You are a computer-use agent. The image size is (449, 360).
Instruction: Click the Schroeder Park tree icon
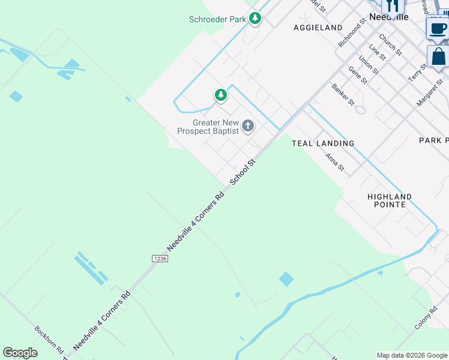coord(255,19)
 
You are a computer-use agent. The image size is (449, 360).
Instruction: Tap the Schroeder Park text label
coord(218,19)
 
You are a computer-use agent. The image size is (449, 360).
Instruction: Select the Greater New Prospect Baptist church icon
coord(247,127)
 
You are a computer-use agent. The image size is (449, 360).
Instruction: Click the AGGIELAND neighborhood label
coord(318,28)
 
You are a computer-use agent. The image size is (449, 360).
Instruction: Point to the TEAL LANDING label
coord(323,143)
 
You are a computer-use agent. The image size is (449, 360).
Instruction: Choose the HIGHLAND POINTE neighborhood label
coord(390,200)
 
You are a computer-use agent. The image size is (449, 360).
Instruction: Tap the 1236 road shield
coord(160,258)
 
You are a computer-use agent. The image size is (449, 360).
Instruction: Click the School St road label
coord(243,172)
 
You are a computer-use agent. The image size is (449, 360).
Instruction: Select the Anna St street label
coord(334,163)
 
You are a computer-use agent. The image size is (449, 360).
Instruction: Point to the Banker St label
coord(343,95)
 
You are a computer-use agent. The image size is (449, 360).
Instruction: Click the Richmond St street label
coord(352,33)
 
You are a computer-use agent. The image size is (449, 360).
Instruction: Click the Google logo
coord(20,353)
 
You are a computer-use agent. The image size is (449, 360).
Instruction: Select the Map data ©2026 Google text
coord(412,355)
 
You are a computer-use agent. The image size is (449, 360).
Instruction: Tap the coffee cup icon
coord(438,28)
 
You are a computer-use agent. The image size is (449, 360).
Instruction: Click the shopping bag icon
coord(439,57)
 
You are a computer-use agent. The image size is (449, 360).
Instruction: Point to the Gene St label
coord(358,77)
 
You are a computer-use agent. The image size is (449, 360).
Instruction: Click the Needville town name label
coord(388,17)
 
